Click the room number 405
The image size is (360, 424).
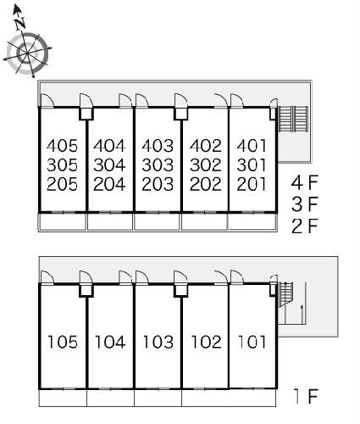tap(62, 146)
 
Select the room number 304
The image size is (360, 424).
tap(109, 165)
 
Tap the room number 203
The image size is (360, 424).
tap(158, 184)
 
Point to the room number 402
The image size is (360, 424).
tap(205, 146)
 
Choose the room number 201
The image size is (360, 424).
tap(252, 184)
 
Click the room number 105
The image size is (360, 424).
tap(63, 342)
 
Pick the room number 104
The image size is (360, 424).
tap(110, 342)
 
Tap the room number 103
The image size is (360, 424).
tap(158, 342)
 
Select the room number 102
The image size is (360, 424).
tap(206, 342)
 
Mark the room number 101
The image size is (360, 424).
tap(252, 342)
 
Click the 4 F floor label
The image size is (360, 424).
tap(305, 182)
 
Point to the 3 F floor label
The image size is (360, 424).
tap(305, 204)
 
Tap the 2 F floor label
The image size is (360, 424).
tap(305, 226)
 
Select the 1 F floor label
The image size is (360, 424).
tap(306, 396)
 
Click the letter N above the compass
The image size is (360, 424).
tap(20, 24)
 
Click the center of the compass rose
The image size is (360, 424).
tap(27, 53)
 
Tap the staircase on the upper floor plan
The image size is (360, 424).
tap(293, 119)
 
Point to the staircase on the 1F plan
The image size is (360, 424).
tap(286, 294)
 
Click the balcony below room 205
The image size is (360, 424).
tap(62, 222)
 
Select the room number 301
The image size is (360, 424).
tap(252, 165)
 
